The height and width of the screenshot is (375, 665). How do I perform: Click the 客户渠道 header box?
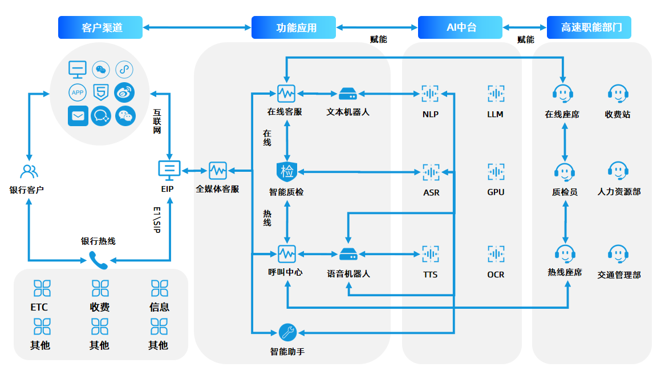(100, 27)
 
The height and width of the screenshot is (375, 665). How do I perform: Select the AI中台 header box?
(460, 27)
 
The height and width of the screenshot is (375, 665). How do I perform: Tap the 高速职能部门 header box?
(589, 27)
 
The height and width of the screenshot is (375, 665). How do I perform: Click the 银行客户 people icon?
(29, 171)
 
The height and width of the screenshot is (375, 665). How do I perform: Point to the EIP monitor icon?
(169, 169)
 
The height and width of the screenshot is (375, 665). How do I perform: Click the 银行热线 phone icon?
(98, 260)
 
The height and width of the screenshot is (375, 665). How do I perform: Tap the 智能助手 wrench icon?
(287, 332)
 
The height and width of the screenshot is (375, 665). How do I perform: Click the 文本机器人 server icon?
(347, 93)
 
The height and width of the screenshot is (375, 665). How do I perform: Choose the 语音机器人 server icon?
(347, 253)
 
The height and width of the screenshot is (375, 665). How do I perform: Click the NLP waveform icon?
(430, 93)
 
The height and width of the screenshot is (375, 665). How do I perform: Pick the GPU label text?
(496, 192)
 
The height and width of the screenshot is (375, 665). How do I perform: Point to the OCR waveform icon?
(496, 253)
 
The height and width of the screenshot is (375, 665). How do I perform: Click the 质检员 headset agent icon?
(564, 171)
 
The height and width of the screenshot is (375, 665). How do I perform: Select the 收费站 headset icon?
(618, 93)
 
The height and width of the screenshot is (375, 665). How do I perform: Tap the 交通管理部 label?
(619, 275)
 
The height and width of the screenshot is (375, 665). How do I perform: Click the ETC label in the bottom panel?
(39, 307)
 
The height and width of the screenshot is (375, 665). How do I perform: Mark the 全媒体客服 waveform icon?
(217, 170)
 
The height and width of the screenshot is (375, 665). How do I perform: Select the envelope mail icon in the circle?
(78, 116)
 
